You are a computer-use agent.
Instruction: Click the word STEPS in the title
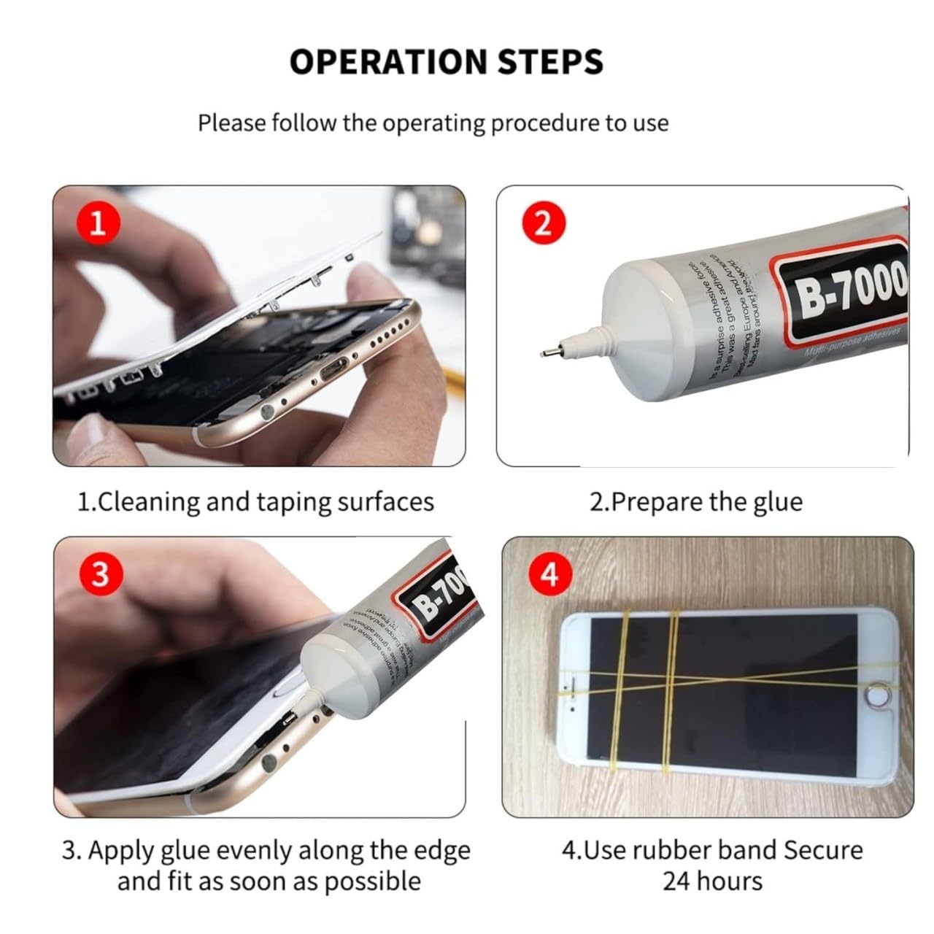(x=550, y=62)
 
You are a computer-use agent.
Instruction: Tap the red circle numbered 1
(x=97, y=223)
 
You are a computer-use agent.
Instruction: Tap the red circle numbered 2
(x=543, y=223)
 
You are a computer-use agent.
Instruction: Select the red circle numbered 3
(x=99, y=574)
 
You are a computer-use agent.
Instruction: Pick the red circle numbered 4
(x=549, y=574)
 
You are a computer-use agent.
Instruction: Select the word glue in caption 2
(x=777, y=502)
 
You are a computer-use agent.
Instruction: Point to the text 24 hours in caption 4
(x=712, y=881)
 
